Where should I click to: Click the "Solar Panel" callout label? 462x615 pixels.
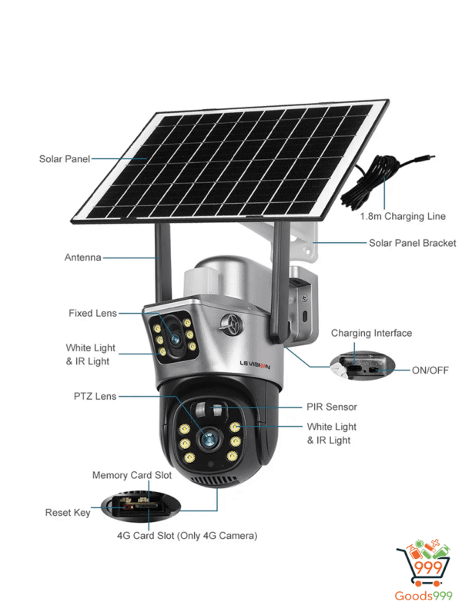coord(64,159)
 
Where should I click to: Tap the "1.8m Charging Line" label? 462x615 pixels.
coord(403,217)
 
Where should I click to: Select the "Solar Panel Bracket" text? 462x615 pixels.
coord(412,243)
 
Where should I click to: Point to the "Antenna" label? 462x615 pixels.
coord(82,258)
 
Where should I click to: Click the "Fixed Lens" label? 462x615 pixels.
coord(92,313)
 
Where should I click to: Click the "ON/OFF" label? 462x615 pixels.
coord(429,371)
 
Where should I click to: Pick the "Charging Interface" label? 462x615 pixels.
coord(371,333)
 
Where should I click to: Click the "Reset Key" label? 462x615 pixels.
coord(68,512)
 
